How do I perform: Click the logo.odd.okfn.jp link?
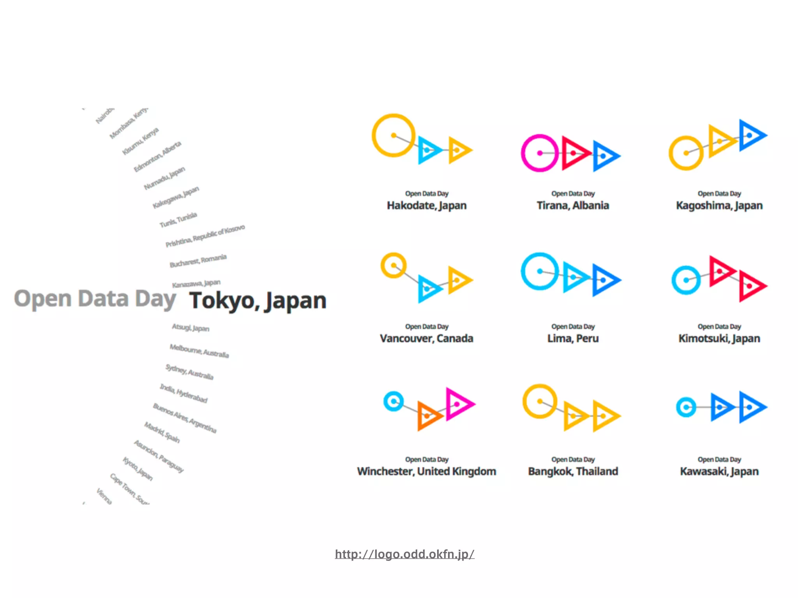(x=404, y=554)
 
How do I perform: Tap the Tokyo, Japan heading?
(x=258, y=301)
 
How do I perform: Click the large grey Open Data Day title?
(x=95, y=299)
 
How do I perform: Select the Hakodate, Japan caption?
(x=427, y=205)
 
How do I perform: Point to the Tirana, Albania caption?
(x=573, y=205)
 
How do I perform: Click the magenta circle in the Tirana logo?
(x=540, y=153)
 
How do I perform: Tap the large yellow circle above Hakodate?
(x=394, y=135)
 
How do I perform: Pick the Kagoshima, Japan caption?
(x=719, y=205)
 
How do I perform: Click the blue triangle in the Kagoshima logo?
(x=751, y=135)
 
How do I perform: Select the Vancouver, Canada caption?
(x=427, y=338)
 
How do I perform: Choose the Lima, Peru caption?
(x=573, y=338)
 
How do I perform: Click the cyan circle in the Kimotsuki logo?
(x=686, y=280)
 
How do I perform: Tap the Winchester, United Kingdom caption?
(x=427, y=471)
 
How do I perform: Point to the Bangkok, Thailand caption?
(x=573, y=471)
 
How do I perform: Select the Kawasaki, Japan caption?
(x=719, y=471)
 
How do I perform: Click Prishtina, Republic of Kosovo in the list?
(x=205, y=236)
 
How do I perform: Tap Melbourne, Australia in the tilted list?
(x=199, y=351)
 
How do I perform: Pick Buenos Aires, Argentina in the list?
(x=184, y=418)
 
